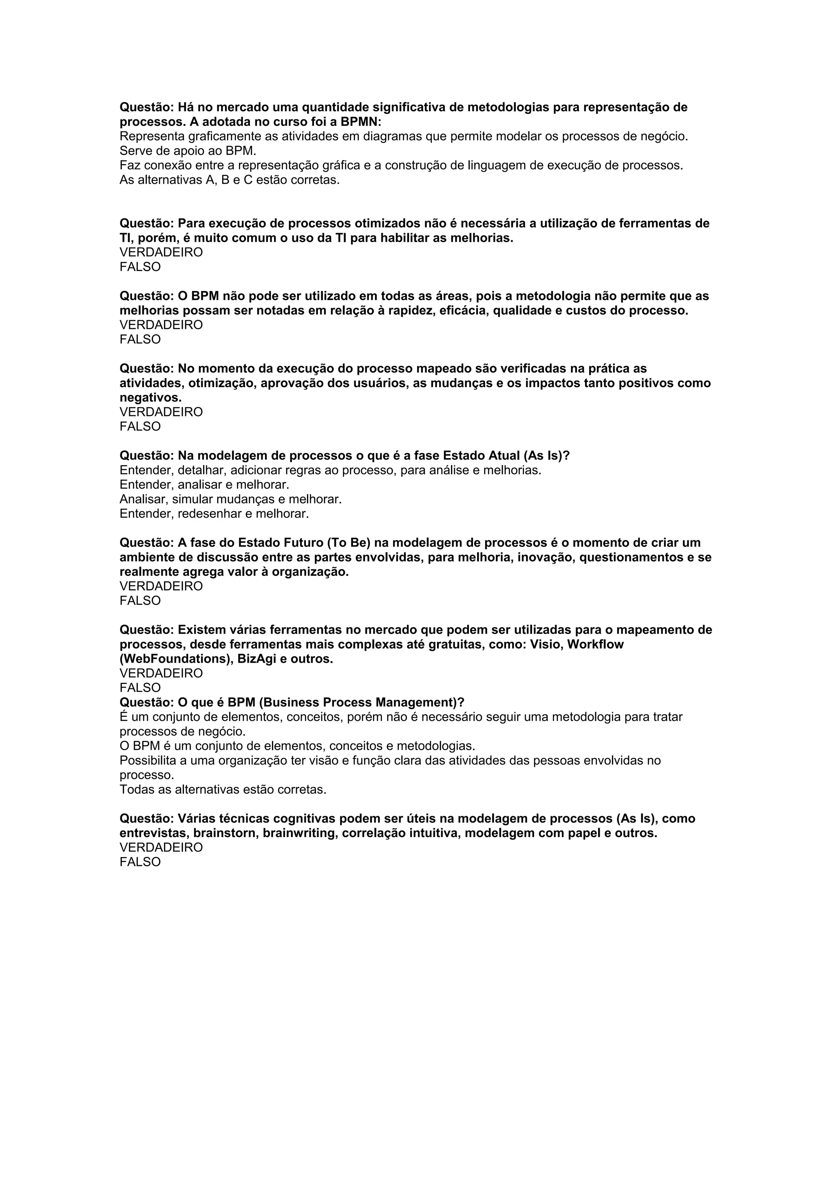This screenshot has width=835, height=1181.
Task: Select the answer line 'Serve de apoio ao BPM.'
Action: click(x=188, y=151)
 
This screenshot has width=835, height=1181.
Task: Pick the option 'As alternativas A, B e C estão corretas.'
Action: click(x=230, y=180)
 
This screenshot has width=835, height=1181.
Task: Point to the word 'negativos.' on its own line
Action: click(x=151, y=398)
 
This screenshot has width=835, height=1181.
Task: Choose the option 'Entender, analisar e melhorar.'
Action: click(x=204, y=485)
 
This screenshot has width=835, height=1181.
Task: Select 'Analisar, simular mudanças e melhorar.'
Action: click(x=230, y=499)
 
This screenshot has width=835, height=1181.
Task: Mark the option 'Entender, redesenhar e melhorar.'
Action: click(x=214, y=513)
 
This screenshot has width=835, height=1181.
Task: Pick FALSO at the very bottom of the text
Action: click(x=140, y=862)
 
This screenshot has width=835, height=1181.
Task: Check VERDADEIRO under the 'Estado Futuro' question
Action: click(x=161, y=586)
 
